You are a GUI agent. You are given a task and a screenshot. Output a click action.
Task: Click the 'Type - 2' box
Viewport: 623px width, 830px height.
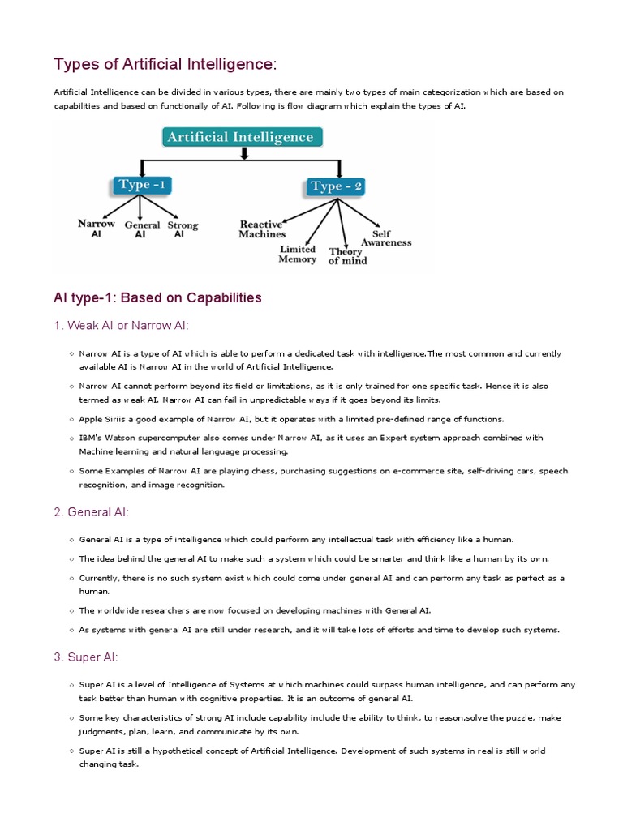pos(336,187)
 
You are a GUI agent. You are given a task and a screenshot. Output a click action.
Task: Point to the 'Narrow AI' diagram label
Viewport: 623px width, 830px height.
pos(96,228)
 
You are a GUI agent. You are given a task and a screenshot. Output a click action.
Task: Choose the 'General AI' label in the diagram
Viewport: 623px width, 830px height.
pos(141,230)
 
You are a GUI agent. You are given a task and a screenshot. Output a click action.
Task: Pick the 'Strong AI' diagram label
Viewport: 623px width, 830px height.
pos(183,229)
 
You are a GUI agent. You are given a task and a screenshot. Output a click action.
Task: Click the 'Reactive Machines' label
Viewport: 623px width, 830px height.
pos(261,229)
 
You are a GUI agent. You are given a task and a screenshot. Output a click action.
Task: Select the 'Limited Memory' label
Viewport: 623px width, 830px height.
pos(297,255)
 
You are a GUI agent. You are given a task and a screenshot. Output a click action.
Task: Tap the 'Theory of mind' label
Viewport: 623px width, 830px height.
pos(347,256)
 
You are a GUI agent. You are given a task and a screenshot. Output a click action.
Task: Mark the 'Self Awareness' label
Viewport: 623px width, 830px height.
pos(386,237)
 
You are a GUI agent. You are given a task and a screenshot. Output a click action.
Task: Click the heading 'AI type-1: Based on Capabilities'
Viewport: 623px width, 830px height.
pos(157,297)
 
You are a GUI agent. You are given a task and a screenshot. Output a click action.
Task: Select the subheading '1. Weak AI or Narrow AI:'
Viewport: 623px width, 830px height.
pos(121,326)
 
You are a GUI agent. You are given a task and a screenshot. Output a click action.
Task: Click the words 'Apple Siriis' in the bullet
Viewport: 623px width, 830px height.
pos(101,419)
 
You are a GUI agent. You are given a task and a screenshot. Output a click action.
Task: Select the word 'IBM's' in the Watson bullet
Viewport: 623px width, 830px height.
pos(90,438)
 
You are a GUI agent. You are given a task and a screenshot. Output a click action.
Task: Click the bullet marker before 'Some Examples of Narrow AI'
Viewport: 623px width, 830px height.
pos(72,471)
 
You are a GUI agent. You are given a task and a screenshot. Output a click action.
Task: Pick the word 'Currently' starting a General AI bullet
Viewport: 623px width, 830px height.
pos(98,578)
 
